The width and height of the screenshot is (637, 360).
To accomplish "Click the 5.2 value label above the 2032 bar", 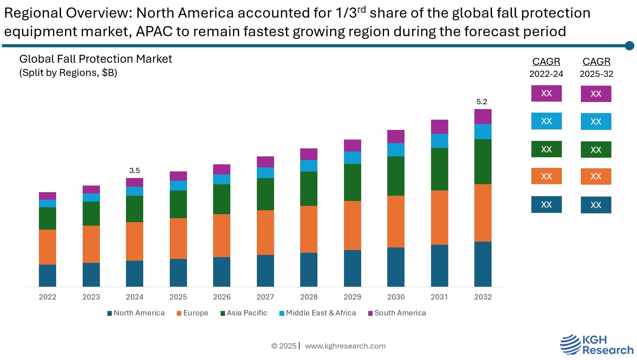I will tap(482, 102).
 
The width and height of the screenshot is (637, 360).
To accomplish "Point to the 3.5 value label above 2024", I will tap(134, 171).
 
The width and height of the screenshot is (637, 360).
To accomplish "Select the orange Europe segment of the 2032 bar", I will tap(483, 212).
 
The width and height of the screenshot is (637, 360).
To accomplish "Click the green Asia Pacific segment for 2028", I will tap(309, 188).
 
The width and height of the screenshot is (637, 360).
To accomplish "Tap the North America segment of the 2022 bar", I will tap(47, 275).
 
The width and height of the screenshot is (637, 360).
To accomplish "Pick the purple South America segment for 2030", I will tap(396, 136).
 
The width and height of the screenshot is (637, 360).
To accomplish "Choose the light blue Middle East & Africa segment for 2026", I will tap(221, 179).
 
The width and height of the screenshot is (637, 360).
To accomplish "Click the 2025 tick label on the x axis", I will tap(178, 297).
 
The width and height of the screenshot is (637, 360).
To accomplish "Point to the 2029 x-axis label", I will tap(352, 297).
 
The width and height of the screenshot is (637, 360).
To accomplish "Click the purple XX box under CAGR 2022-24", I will tap(546, 94).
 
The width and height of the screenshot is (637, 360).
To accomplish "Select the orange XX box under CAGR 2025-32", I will tap(596, 176).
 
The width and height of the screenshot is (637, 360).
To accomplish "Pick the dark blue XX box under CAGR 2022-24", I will tap(546, 205).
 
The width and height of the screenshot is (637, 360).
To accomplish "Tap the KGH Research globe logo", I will tap(570, 345).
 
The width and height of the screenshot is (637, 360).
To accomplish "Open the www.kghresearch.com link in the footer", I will tap(345, 346).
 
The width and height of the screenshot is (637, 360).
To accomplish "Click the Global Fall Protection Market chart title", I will tap(95, 59).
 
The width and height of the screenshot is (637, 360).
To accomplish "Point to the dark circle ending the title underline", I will tap(629, 45).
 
